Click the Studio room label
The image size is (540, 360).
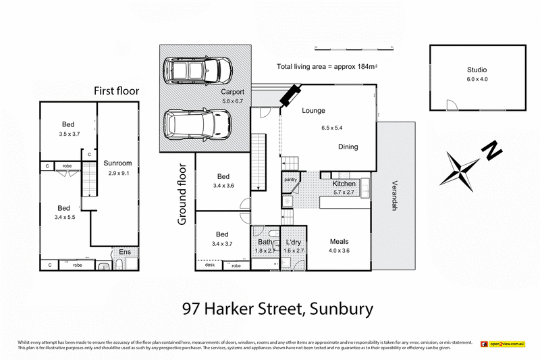pyautogui.click(x=477, y=70)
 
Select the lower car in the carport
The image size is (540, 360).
pyautogui.click(x=198, y=124)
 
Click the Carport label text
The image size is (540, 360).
pyautogui.click(x=232, y=92)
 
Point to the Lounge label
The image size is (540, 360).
pyautogui.click(x=313, y=111)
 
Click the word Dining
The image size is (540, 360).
pyautogui.click(x=348, y=147)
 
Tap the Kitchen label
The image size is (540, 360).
pyautogui.click(x=344, y=184)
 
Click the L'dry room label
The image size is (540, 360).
pyautogui.click(x=292, y=242)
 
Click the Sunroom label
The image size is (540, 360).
pyautogui.click(x=117, y=163)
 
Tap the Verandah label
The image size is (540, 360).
pyautogui.click(x=394, y=196)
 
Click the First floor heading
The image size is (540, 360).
pyautogui.click(x=115, y=91)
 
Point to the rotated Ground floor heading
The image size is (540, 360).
pyautogui.click(x=182, y=194)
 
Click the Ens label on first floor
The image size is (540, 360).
pyautogui.click(x=125, y=252)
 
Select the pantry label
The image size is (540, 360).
pyautogui.click(x=290, y=179)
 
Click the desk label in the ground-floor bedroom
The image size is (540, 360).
pyautogui.click(x=209, y=265)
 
